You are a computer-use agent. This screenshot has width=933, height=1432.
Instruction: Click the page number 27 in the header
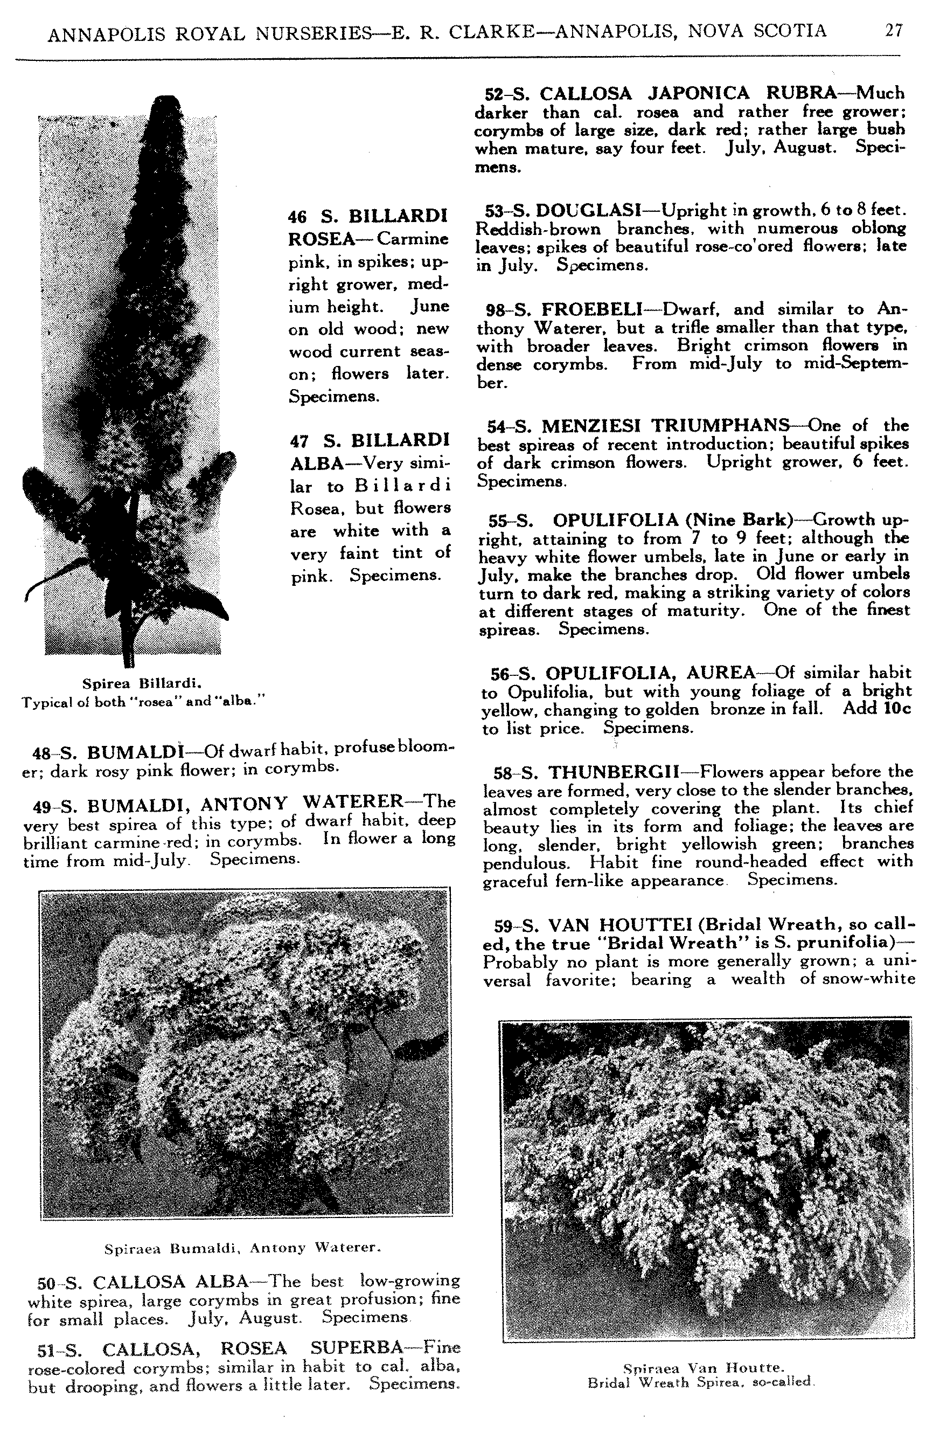(x=893, y=31)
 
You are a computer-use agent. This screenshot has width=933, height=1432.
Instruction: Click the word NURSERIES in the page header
(x=314, y=34)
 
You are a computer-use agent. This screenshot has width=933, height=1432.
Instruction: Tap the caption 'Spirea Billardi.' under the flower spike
(x=141, y=683)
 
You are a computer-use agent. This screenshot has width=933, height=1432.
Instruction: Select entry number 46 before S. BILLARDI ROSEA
(x=297, y=217)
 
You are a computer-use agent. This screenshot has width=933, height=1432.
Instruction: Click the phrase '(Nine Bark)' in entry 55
(x=741, y=520)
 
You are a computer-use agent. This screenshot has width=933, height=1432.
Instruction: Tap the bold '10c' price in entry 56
(x=897, y=708)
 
